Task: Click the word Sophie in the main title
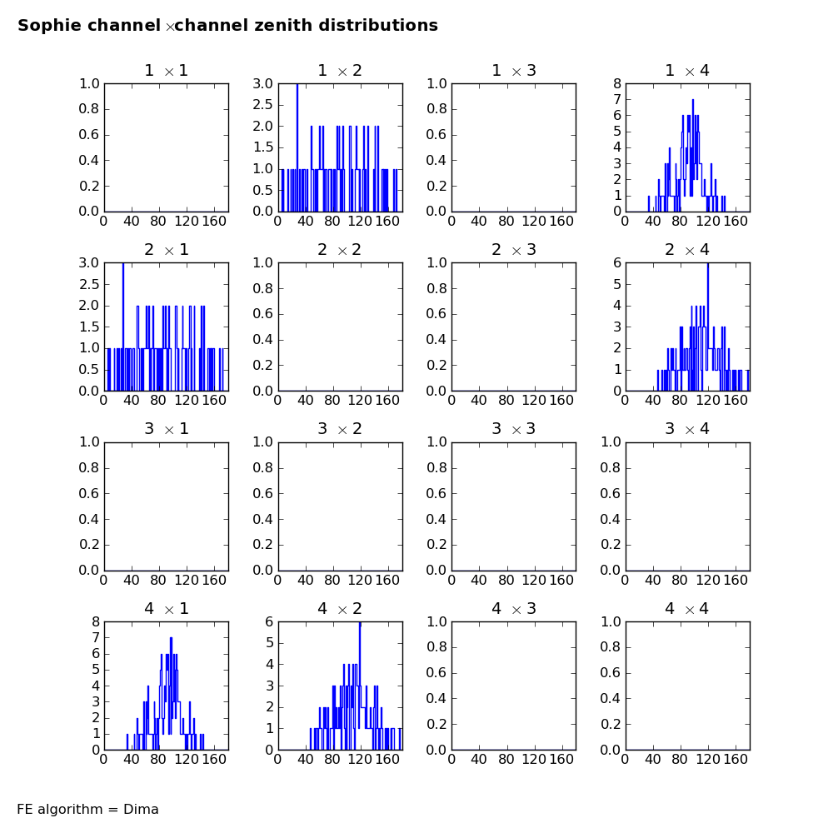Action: coord(50,26)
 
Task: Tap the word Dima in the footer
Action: coord(141,809)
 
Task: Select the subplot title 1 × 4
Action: coord(687,71)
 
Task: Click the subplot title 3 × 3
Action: coord(514,429)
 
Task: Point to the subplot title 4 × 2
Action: coord(340,608)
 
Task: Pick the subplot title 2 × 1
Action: coord(167,250)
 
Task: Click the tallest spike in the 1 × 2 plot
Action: coord(297,85)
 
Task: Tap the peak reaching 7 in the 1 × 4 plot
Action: coord(693,101)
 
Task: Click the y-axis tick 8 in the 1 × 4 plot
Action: coord(616,83)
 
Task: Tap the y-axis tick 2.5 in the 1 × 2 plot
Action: coord(262,105)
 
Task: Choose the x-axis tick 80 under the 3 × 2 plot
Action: coord(332,580)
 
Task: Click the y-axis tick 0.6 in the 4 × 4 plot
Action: coord(610,673)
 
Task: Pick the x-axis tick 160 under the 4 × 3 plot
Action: coord(561,760)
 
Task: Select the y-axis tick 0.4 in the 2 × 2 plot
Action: coord(262,340)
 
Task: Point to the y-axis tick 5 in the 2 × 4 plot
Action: coord(616,284)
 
